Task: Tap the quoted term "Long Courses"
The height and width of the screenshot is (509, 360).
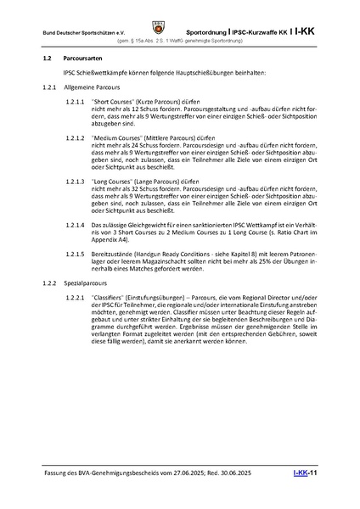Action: click(x=119, y=182)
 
